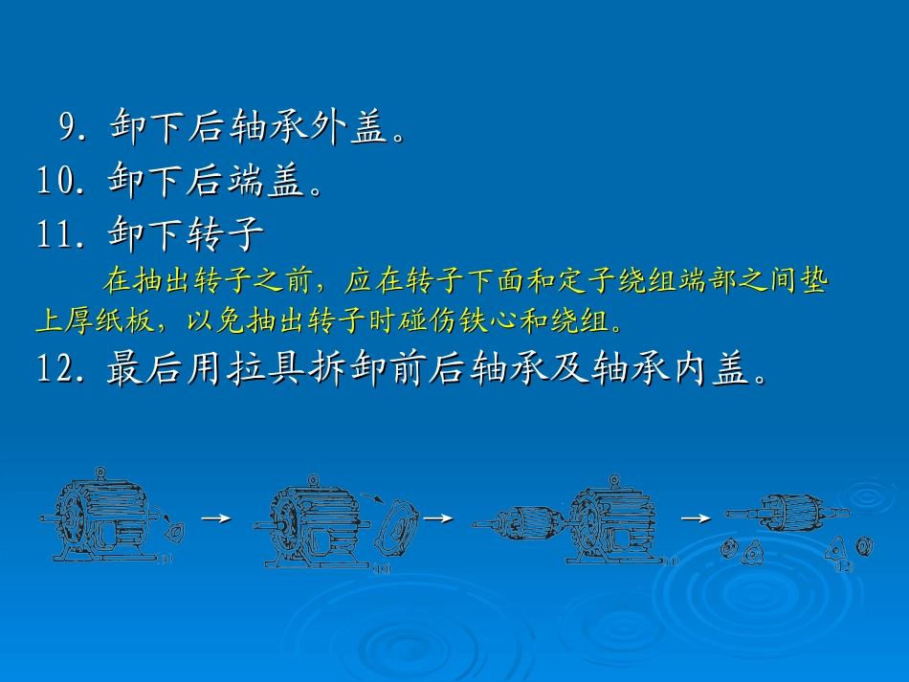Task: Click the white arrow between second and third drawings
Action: (x=437, y=518)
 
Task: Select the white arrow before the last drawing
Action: (x=696, y=518)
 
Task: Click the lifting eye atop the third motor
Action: (x=613, y=477)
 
